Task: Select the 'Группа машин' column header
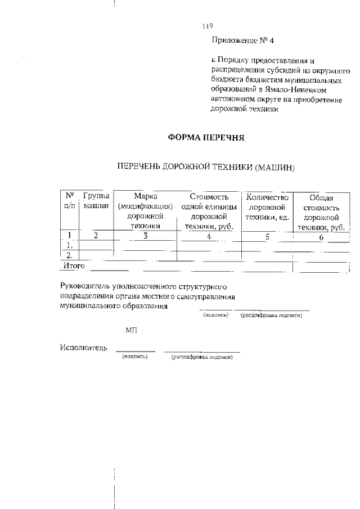(96, 201)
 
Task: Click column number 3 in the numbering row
(145, 236)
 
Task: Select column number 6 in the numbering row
(322, 237)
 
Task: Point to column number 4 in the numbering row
(209, 236)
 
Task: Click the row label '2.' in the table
(69, 255)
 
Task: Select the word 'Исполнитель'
(83, 348)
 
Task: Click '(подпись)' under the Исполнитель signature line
(134, 357)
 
